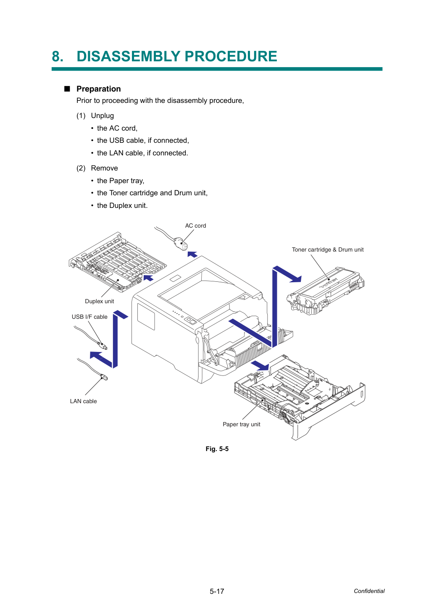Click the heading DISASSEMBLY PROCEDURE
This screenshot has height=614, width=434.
[177, 56]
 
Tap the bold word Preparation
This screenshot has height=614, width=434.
[98, 89]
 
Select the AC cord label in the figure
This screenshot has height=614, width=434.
[195, 226]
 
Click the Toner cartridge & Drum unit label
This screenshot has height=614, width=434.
[328, 249]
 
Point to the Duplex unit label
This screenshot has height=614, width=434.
[99, 301]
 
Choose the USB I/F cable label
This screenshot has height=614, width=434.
[89, 317]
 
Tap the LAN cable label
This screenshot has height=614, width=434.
[83, 401]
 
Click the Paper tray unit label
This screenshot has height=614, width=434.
[241, 424]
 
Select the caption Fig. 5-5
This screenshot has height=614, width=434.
[217, 449]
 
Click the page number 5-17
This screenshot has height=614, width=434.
[217, 591]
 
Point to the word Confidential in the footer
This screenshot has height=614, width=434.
[369, 591]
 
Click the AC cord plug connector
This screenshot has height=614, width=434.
[181, 244]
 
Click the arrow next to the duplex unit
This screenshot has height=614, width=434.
[148, 278]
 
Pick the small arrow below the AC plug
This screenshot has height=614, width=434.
[192, 254]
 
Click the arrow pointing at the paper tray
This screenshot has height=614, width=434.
[260, 365]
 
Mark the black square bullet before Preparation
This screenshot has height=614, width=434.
[67, 89]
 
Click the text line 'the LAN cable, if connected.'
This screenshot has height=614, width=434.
[142, 153]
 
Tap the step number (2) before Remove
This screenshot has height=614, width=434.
[81, 168]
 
